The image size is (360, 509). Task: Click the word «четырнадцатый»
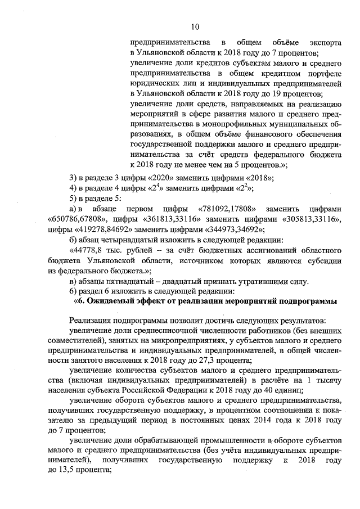[x=133, y=238]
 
